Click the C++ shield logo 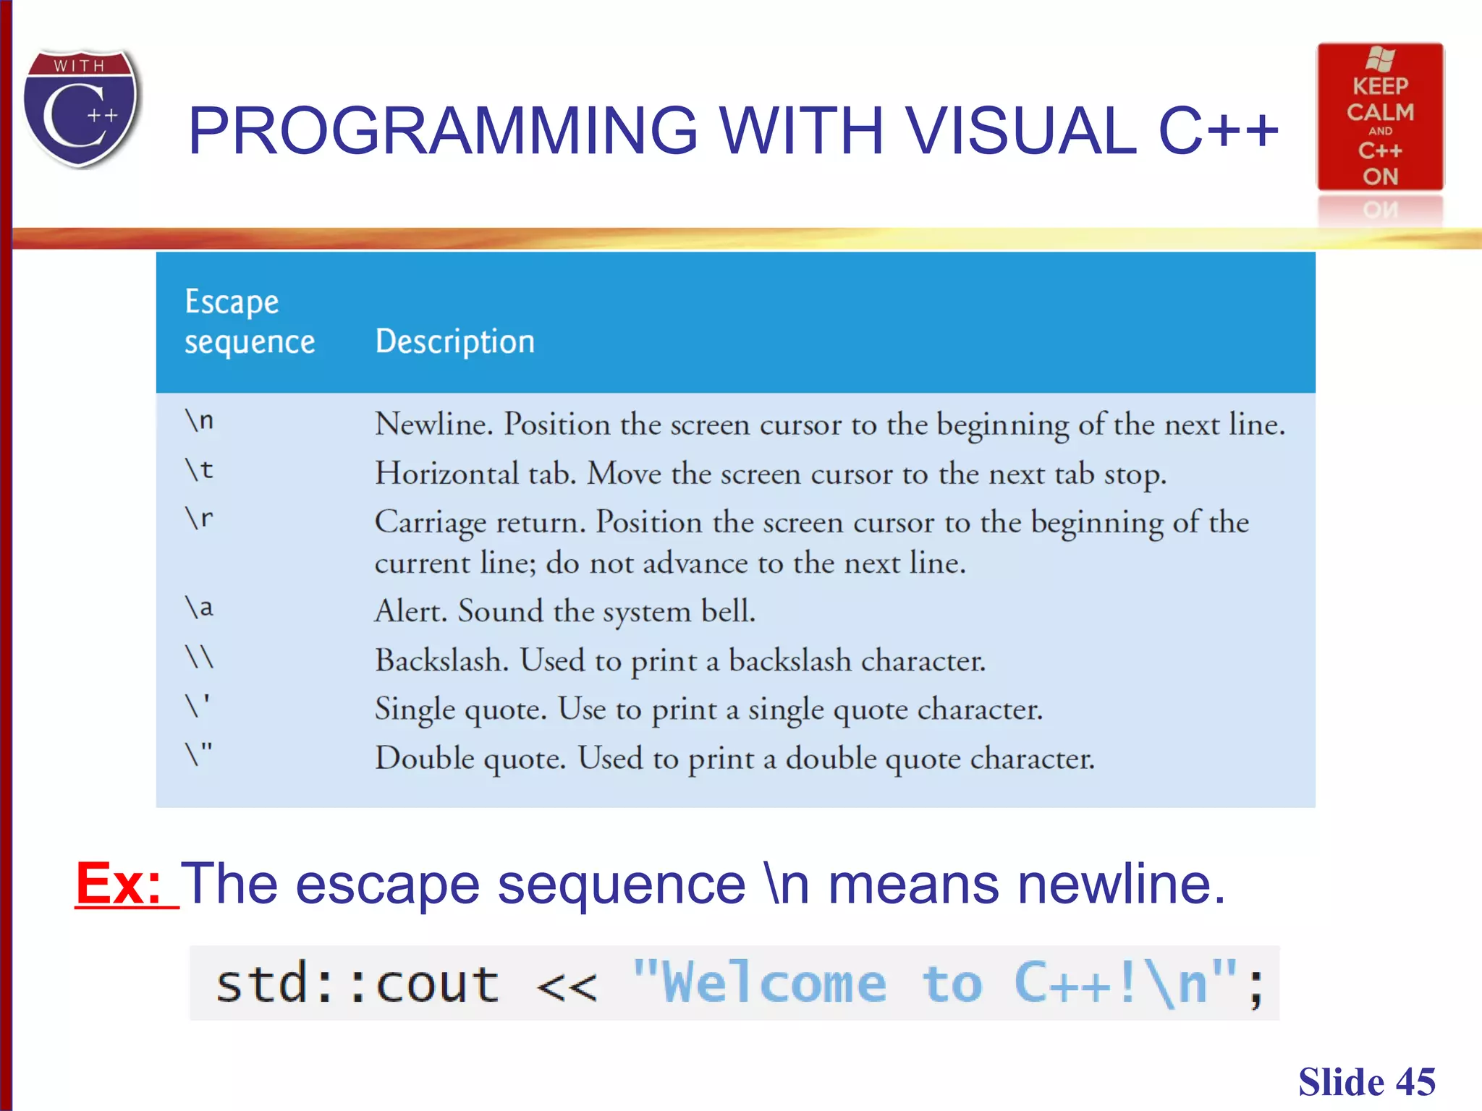[x=81, y=108]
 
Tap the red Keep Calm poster [x=1379, y=118]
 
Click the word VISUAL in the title [x=1021, y=131]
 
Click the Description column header [x=454, y=341]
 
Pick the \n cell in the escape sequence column [x=199, y=420]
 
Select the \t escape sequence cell [x=199, y=470]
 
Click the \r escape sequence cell [x=199, y=518]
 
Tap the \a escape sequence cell [x=199, y=608]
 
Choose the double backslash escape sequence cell [x=199, y=657]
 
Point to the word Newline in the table [x=433, y=424]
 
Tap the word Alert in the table [x=411, y=611]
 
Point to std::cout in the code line [x=357, y=984]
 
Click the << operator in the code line [x=567, y=986]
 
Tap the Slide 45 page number [x=1366, y=1082]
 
